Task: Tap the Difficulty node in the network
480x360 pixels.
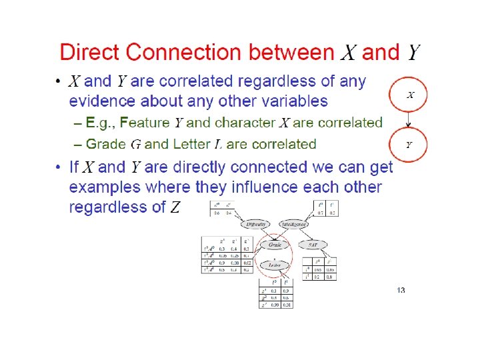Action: pos(257,224)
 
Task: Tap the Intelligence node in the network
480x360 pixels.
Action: pos(294,224)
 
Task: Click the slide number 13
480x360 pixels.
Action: pos(401,289)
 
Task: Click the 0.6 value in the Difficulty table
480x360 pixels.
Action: pos(217,213)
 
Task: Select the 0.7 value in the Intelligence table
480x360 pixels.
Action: pos(321,213)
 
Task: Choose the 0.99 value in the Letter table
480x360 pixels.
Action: pos(275,305)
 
